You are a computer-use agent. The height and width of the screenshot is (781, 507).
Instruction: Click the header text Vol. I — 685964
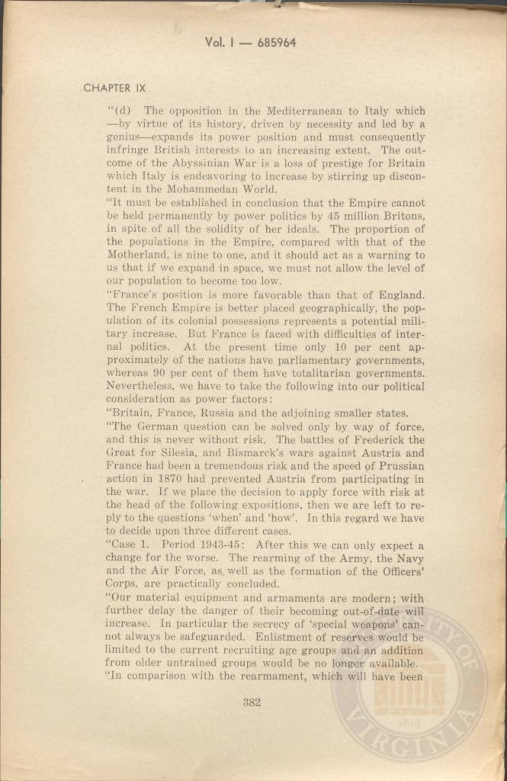(x=250, y=43)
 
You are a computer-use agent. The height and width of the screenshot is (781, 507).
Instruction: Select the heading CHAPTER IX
(x=114, y=88)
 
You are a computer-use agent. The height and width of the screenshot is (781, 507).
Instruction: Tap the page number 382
(x=252, y=702)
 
